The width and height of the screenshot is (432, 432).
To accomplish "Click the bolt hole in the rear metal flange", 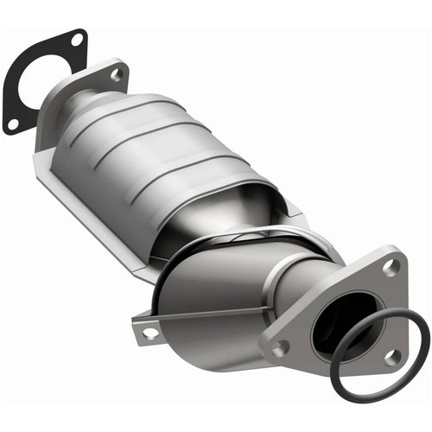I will (117, 75).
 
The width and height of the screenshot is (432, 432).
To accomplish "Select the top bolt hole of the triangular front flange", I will (391, 267).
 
